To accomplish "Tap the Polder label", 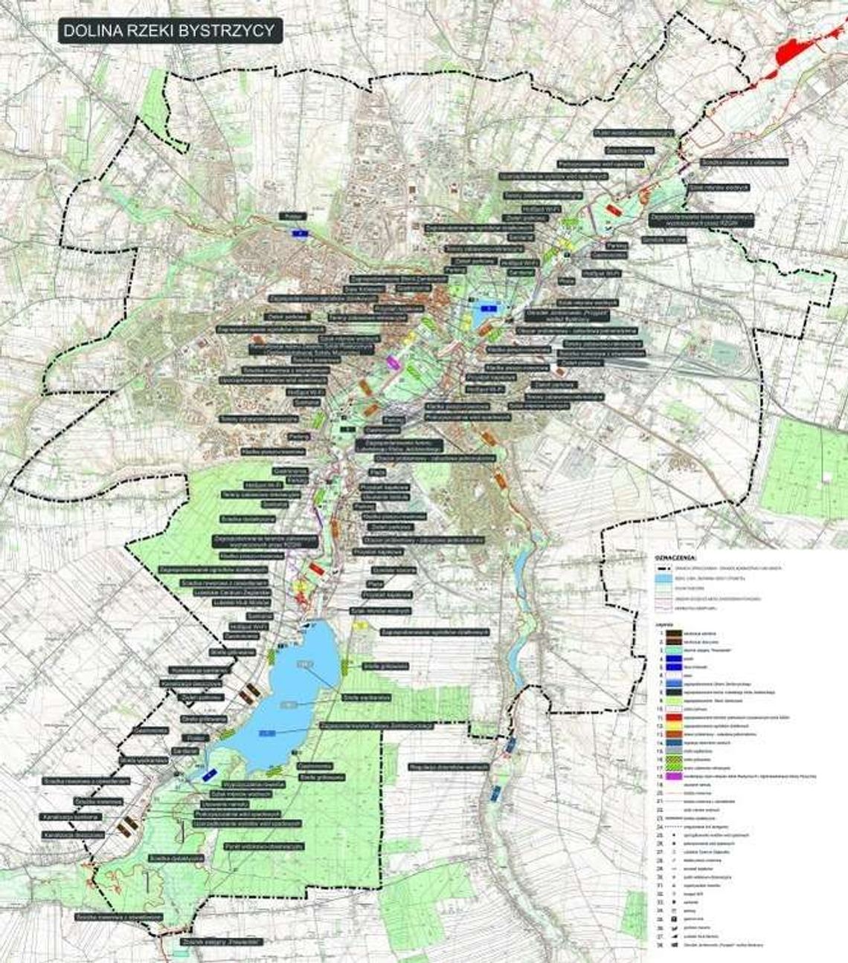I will (292, 215).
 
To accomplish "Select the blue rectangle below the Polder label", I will (298, 233).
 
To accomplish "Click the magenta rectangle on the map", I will (394, 363).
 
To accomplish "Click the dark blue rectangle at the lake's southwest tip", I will (209, 774).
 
